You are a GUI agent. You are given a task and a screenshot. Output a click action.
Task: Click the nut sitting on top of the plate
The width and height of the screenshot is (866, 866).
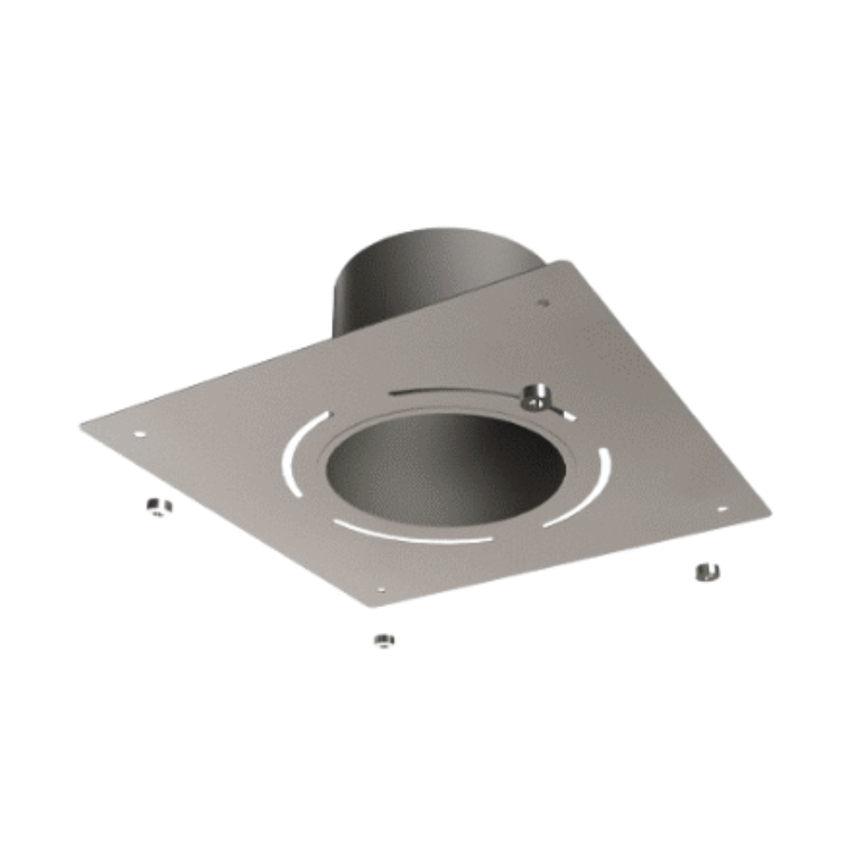(536, 397)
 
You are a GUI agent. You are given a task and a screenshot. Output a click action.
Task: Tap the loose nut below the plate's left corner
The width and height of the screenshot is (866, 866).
(158, 506)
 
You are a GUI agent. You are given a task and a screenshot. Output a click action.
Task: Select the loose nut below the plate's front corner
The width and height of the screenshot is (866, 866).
(384, 641)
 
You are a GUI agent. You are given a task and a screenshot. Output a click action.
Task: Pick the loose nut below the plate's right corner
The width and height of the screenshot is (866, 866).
(707, 572)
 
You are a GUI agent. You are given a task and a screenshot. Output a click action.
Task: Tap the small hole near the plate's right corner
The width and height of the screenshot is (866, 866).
(721, 509)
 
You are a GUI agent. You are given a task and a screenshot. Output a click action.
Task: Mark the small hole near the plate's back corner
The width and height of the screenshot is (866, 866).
(544, 303)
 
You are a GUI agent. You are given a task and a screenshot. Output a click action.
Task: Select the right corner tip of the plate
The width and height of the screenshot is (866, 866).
(769, 509)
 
